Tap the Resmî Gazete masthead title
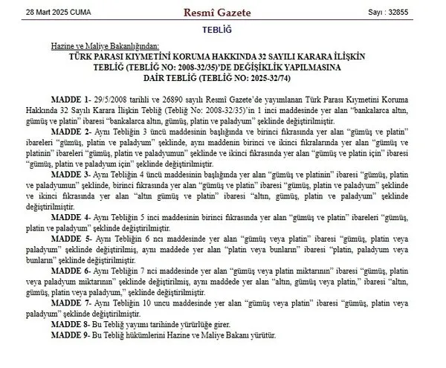tap(222, 13)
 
